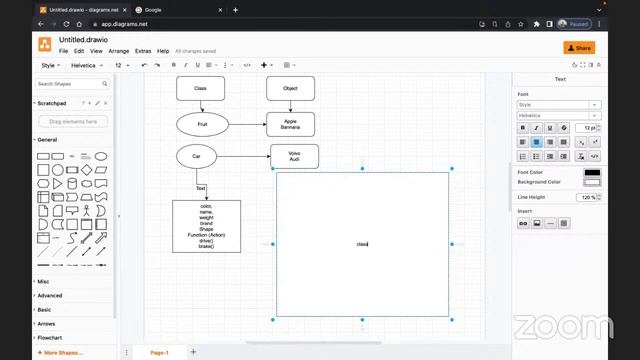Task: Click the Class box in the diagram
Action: pos(200,88)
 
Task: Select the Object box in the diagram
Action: pos(290,88)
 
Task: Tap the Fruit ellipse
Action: pos(202,124)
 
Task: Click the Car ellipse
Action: pos(197,156)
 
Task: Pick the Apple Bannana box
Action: pos(290,124)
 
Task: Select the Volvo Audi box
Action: pos(294,156)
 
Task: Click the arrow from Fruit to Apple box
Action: pos(247,124)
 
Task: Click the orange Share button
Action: pos(579,47)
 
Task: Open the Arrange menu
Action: pos(119,51)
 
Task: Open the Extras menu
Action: pos(143,51)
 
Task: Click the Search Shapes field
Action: pos(75,84)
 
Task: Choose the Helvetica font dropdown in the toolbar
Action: pos(87,65)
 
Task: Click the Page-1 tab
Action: pos(159,352)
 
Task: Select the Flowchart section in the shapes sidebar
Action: pos(50,338)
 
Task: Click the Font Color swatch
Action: pos(592,172)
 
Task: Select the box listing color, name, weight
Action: pos(206,226)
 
